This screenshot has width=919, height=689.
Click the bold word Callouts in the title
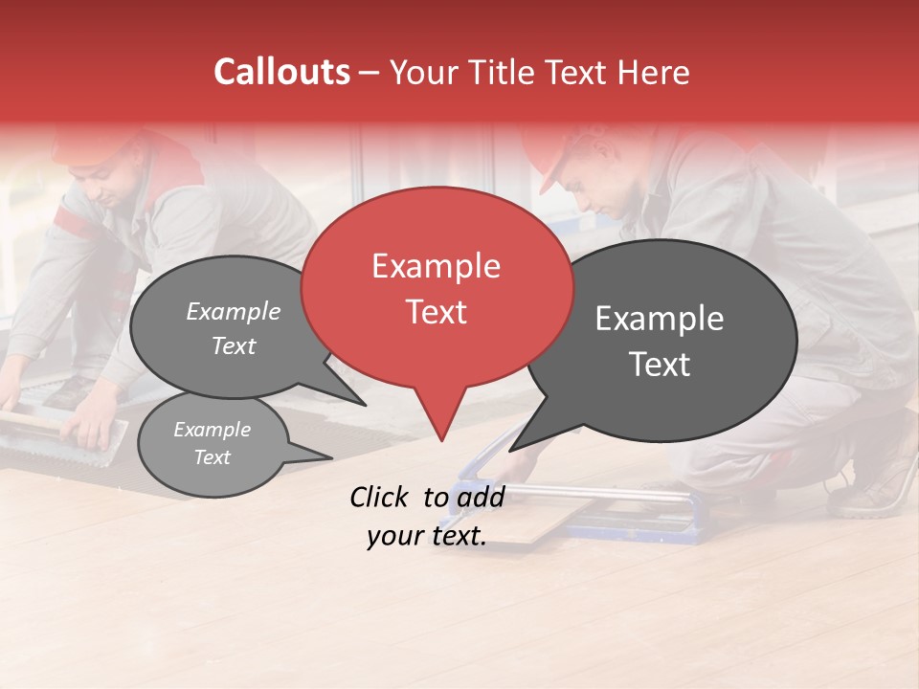(282, 72)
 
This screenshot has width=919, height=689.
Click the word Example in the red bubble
(436, 266)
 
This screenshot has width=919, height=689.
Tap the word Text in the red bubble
(436, 312)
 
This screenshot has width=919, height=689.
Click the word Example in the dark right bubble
(660, 319)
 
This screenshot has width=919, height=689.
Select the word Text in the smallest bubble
(213, 457)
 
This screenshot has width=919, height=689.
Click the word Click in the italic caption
(379, 497)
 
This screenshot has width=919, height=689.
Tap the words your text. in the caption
(426, 536)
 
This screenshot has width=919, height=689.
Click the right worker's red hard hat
(555, 153)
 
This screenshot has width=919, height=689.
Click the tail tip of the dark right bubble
(512, 450)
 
